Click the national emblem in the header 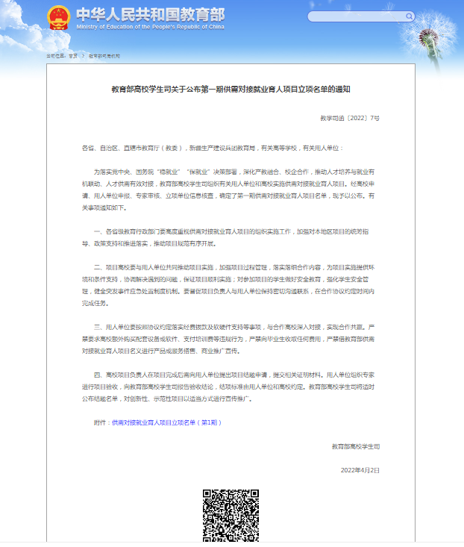(58, 17)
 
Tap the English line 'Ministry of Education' (149, 27)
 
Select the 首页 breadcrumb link (73, 56)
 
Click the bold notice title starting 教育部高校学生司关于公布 (231, 88)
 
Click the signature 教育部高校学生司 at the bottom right (356, 446)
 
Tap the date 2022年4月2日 (360, 470)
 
